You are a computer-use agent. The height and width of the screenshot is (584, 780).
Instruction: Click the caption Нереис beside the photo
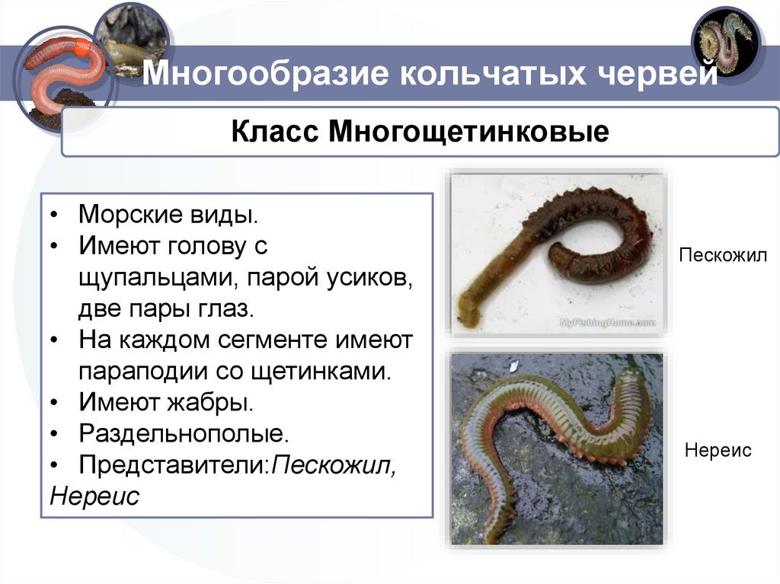tap(718, 450)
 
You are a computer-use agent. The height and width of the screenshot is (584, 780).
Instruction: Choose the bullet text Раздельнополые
tap(184, 433)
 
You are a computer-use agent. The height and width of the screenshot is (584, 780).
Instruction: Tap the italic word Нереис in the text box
tap(94, 496)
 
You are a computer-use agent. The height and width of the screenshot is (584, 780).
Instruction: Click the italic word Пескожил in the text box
tap(335, 464)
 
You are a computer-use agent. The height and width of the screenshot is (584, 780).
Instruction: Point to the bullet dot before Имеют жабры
tap(56, 403)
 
